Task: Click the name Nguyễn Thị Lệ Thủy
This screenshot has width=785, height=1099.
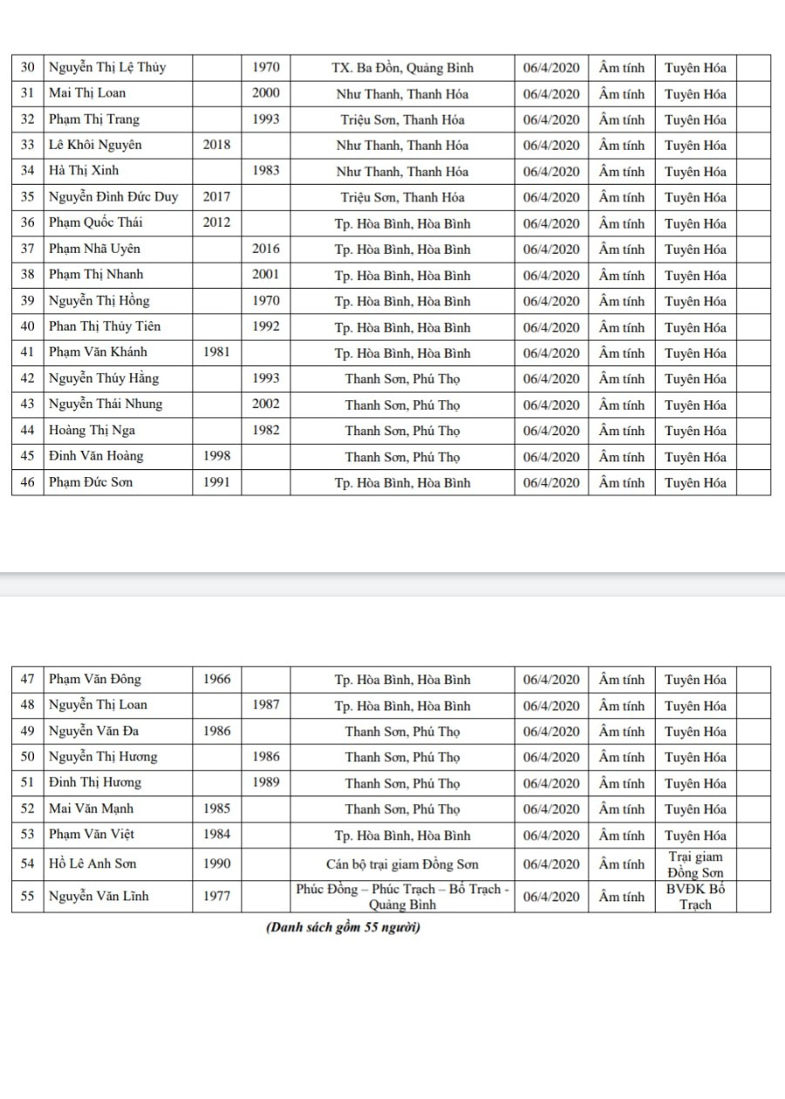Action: (107, 67)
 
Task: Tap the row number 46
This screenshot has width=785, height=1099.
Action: (27, 482)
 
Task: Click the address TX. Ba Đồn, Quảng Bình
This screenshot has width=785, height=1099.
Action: (402, 67)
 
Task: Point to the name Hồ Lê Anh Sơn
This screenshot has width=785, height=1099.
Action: (92, 864)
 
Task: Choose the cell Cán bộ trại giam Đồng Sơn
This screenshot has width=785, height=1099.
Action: (402, 864)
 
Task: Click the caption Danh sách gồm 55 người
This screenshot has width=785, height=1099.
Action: (343, 927)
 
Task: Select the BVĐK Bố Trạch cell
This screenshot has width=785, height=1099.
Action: (695, 897)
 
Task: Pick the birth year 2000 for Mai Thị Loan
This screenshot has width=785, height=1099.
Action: (265, 93)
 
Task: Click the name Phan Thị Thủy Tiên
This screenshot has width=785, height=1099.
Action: (105, 327)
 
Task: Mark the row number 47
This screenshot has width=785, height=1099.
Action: (27, 679)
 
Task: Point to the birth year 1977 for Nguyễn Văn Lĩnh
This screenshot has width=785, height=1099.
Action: (216, 897)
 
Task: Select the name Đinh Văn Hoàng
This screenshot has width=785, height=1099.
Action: (96, 456)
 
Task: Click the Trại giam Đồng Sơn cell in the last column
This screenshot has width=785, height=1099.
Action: (695, 864)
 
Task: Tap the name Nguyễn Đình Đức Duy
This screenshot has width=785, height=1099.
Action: (113, 197)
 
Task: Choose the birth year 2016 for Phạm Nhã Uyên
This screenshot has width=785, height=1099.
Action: (265, 249)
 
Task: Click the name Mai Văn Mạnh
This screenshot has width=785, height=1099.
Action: (91, 809)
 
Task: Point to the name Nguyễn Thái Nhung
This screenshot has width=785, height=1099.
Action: (105, 405)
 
